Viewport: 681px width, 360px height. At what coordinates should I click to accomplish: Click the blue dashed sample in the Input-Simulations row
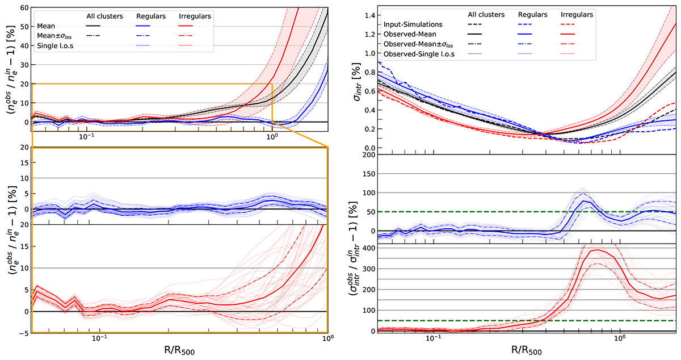point(533,25)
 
